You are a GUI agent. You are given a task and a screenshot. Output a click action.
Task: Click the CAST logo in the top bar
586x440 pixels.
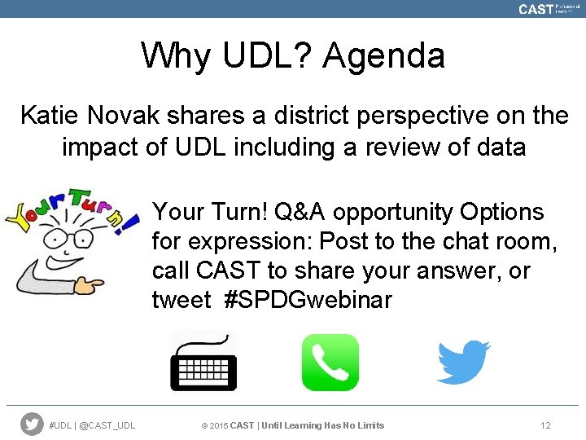tap(536, 9)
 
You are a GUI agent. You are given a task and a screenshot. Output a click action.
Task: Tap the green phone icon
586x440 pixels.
tap(330, 363)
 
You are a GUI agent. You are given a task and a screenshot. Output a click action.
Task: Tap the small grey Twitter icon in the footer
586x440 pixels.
tap(32, 425)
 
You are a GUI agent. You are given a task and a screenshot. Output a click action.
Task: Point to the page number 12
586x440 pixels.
tap(545, 425)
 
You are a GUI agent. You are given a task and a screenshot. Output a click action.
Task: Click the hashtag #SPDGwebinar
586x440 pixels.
tap(307, 301)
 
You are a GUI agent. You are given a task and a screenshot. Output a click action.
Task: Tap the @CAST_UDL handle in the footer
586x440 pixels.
tap(108, 425)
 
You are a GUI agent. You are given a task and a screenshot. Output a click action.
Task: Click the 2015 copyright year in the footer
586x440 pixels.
tap(219, 425)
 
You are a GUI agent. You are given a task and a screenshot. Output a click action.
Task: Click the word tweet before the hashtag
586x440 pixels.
tap(181, 301)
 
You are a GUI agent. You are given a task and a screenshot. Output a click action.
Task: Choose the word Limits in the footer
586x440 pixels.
tap(370, 425)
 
